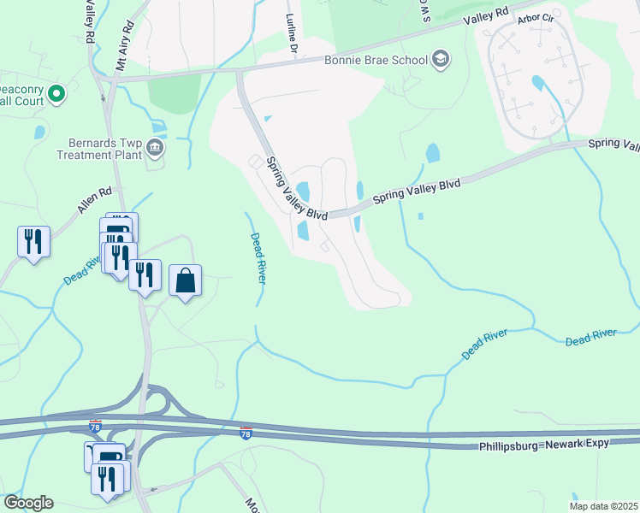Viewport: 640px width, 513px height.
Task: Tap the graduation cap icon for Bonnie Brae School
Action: [441, 59]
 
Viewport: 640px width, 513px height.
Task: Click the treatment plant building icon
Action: [155, 149]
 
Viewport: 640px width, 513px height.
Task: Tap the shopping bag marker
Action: [185, 280]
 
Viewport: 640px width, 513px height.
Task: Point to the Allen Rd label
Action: [95, 201]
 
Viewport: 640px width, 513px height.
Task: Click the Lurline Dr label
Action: [292, 34]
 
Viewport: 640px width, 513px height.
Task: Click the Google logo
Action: [27, 503]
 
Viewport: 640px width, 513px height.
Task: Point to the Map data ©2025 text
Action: [603, 506]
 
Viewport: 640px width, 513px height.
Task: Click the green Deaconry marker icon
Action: [57, 93]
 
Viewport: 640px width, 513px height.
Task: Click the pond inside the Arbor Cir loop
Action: [537, 84]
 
